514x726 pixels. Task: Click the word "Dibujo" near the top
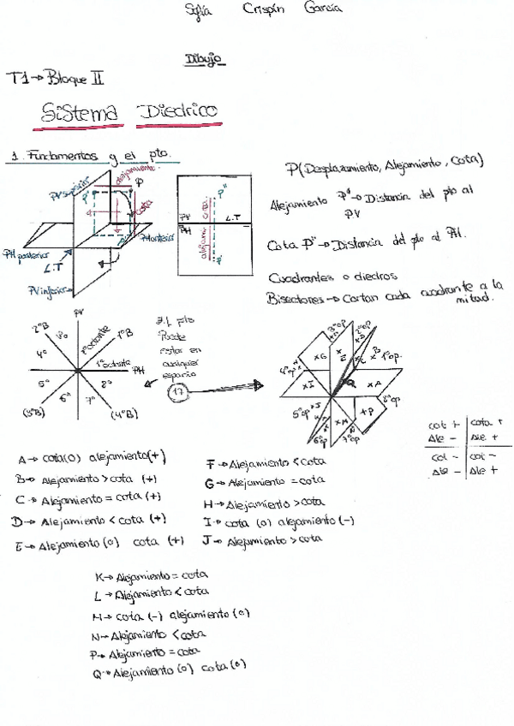pos(203,60)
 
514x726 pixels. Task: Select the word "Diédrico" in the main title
pos(177,111)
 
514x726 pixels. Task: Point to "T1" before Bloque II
pos(17,79)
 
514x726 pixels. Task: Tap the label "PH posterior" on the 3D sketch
pos(26,255)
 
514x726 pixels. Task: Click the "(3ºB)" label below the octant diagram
pos(33,414)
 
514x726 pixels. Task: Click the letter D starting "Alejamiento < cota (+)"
pos(16,520)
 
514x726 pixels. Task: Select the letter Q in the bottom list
pos(97,674)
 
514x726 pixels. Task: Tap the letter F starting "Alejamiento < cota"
pos(210,464)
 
